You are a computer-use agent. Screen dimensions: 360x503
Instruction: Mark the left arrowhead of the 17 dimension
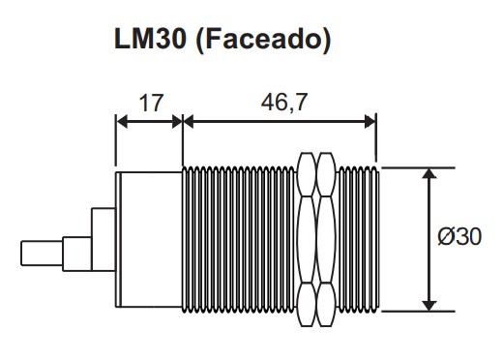pyautogui.click(x=121, y=122)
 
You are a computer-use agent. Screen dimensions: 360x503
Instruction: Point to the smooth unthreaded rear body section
pyautogui.click(x=148, y=238)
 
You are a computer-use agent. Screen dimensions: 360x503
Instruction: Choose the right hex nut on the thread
pyautogui.click(x=328, y=238)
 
